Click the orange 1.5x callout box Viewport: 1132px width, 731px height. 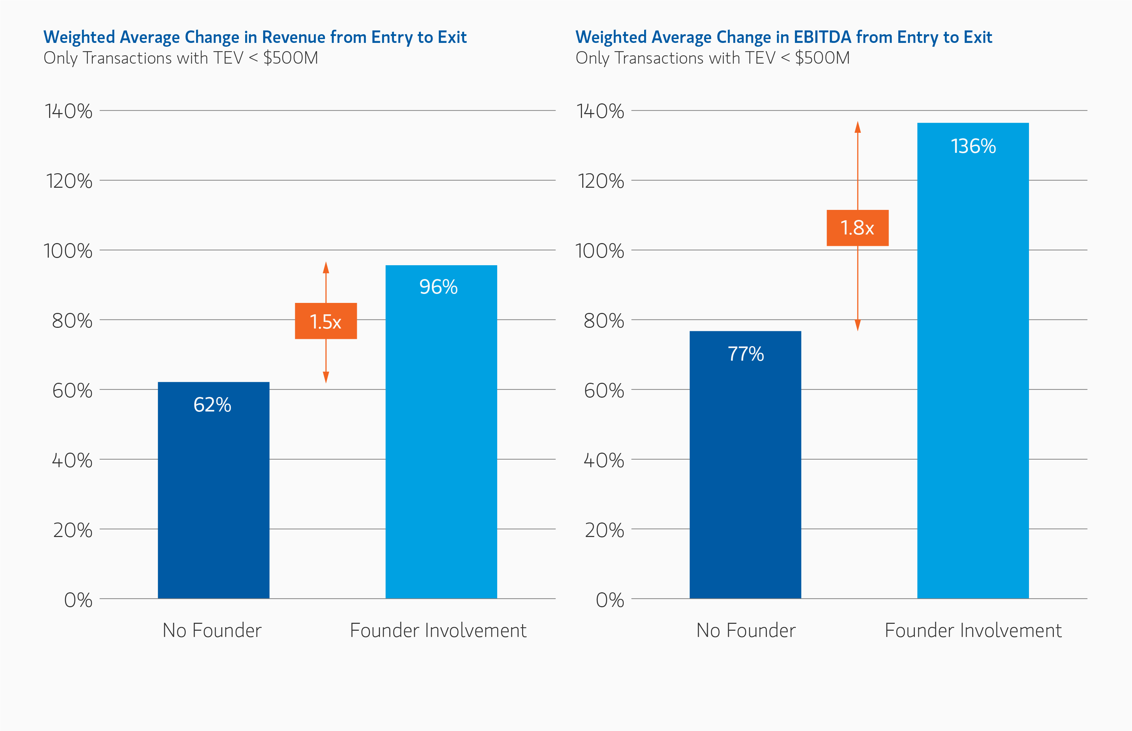[326, 321]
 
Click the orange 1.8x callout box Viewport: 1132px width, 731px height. [857, 228]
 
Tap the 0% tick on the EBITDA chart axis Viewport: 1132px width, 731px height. [610, 600]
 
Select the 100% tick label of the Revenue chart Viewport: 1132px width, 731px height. [68, 251]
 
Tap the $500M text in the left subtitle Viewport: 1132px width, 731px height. [290, 58]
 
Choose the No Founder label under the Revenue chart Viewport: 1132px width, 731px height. [212, 630]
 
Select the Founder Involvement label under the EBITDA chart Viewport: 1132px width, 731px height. [973, 630]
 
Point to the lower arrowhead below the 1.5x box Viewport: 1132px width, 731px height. [326, 377]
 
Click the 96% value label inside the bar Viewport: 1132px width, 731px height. [438, 287]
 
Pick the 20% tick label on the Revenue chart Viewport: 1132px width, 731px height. [73, 530]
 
